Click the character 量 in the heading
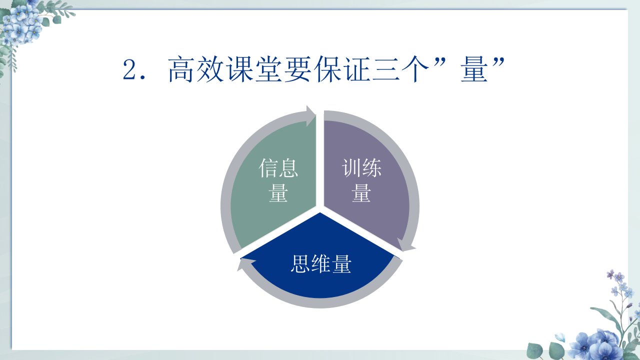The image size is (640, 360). pos(474,69)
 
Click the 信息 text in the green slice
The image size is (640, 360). pos(278,168)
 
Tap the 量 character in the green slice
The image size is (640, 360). pos(278,193)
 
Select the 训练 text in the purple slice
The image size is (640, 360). pos(361,168)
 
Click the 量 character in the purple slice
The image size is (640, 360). pos(361,193)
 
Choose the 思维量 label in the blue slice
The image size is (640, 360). pos(321,263)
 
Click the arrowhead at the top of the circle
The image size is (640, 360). pos(311,116)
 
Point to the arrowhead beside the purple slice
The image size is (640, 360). pos(405,244)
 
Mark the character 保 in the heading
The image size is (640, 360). pos(327,69)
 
